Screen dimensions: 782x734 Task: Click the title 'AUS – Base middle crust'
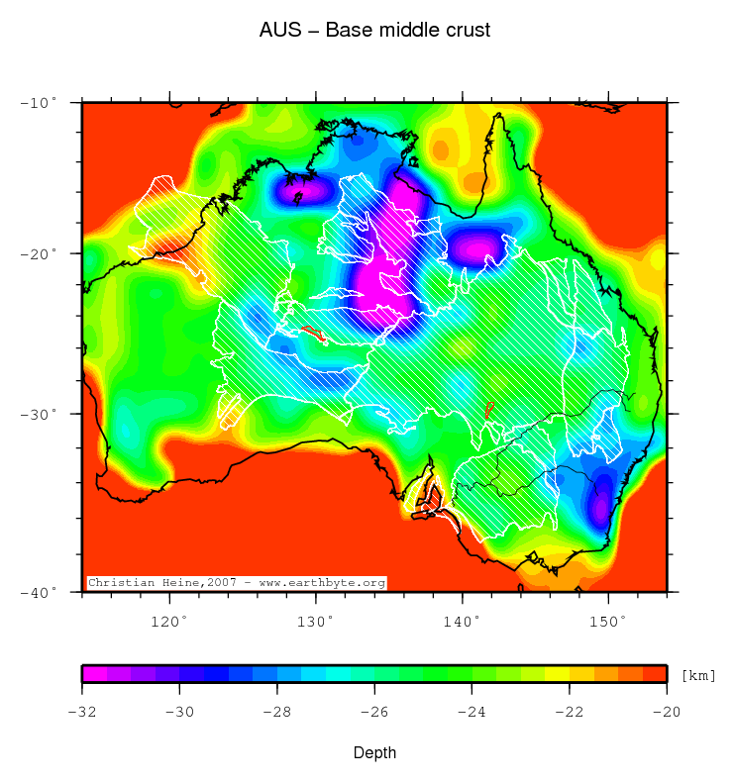click(x=374, y=31)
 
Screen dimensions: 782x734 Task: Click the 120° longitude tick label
click(x=169, y=621)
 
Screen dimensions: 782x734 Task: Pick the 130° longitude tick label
click(x=316, y=621)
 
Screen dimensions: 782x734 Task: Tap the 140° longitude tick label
click(x=462, y=621)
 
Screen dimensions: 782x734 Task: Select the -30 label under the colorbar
click(x=179, y=711)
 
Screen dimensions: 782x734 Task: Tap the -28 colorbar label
click(x=276, y=711)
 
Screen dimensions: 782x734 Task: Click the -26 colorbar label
click(x=374, y=711)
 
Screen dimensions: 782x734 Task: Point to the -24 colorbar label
click(x=472, y=711)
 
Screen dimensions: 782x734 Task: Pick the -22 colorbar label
click(x=569, y=711)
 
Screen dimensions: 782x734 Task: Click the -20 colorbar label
click(x=666, y=711)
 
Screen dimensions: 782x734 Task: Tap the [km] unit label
click(x=698, y=675)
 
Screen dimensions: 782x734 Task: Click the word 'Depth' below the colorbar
click(x=375, y=753)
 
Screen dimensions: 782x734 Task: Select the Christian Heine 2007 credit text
click(x=236, y=583)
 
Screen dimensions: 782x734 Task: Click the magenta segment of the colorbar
click(x=94, y=674)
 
